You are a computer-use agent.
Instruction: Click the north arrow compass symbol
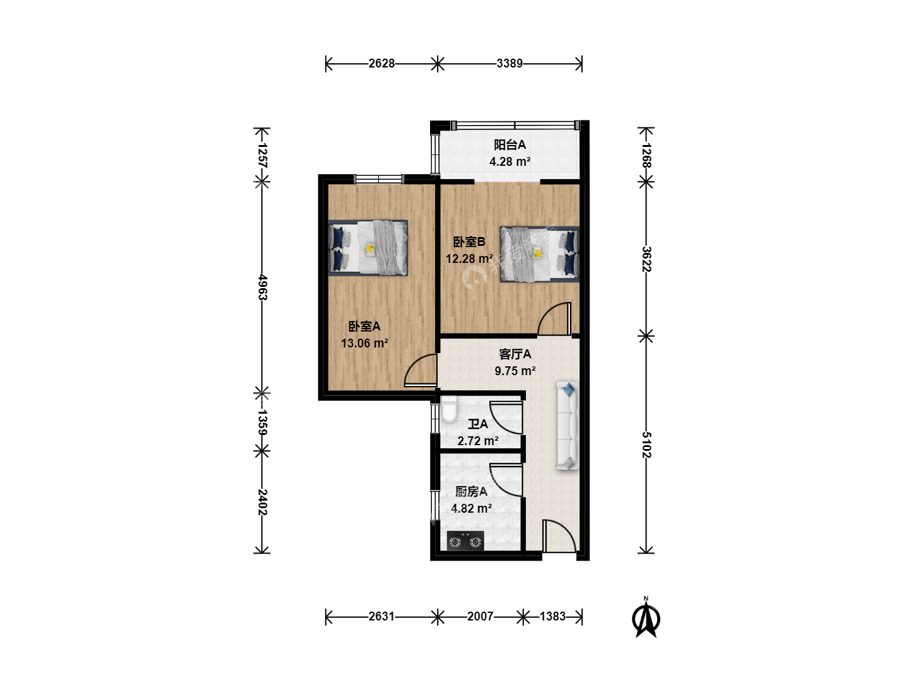coord(646,618)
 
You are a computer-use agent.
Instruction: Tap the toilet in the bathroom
coord(448,409)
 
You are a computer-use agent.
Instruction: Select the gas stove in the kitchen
coord(465,541)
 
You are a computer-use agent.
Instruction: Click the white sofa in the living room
coord(567,426)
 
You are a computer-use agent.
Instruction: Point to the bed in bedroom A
coord(368,248)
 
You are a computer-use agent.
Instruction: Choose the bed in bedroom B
coord(539,254)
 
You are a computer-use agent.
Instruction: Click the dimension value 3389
coord(509,63)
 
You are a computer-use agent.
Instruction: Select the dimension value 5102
coord(646,445)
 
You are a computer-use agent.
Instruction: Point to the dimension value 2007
coord(480,617)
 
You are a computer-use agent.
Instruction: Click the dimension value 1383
coord(552,617)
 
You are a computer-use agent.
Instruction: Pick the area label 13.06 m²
coord(364,343)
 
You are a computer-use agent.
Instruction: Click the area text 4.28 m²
coord(510,161)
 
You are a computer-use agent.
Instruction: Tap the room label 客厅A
coord(515,354)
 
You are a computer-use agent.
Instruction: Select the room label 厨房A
coord(471,491)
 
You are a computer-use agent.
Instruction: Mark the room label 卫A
coord(478,424)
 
